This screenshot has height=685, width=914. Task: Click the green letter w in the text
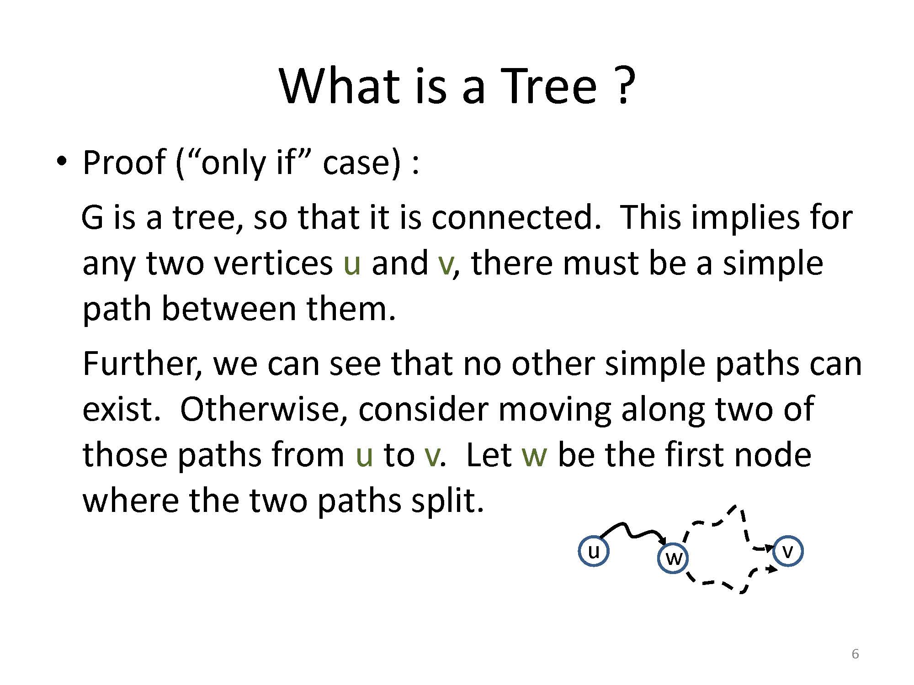(534, 456)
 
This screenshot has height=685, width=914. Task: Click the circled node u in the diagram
(594, 551)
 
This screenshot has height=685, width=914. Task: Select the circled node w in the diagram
(673, 558)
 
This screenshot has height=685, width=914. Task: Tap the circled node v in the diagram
(788, 551)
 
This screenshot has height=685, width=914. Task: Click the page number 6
(855, 654)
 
